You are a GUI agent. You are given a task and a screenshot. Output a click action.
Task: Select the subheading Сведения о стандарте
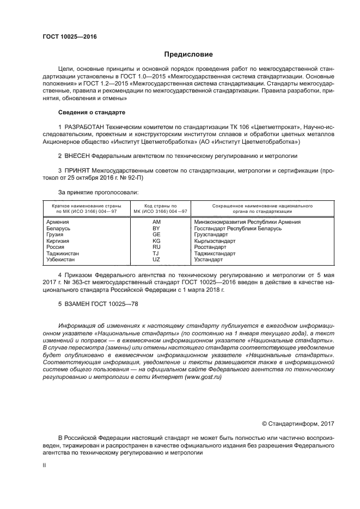click(91, 112)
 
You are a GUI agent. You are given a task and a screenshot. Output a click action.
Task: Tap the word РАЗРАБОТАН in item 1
click(86, 127)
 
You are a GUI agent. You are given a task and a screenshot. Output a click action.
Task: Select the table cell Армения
click(58, 222)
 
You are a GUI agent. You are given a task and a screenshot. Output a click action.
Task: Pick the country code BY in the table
click(157, 228)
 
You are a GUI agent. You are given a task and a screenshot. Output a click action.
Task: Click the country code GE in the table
click(157, 234)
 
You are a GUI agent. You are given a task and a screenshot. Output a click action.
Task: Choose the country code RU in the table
click(157, 247)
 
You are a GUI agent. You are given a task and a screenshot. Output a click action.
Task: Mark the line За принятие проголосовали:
click(98, 192)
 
